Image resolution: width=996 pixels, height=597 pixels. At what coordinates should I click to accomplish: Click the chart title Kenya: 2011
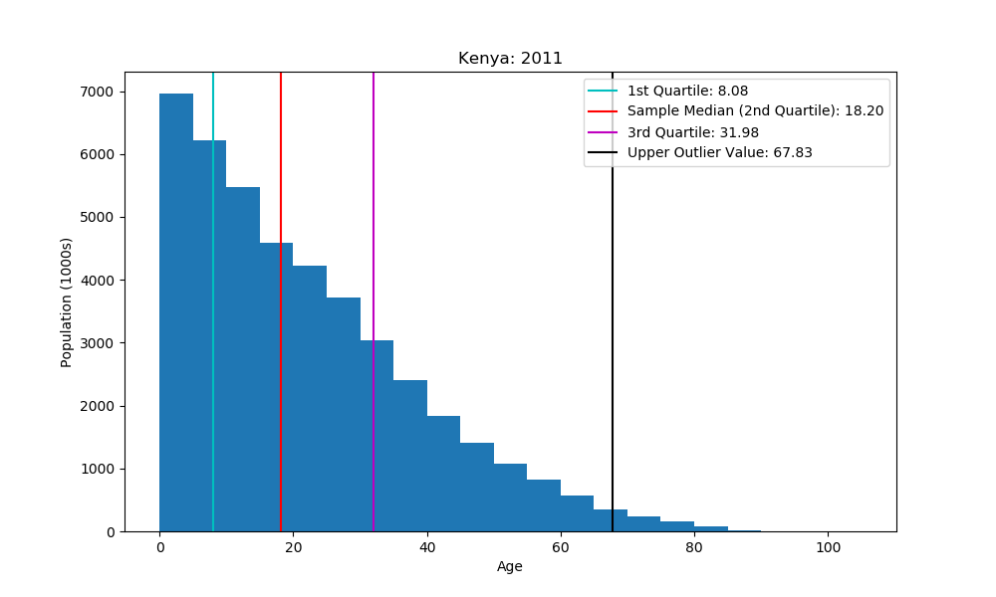pos(510,59)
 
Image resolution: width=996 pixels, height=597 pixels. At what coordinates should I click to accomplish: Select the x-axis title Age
pos(510,567)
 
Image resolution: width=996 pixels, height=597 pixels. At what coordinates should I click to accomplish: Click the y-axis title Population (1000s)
pos(67,301)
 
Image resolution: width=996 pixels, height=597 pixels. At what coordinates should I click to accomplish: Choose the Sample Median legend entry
pos(755,111)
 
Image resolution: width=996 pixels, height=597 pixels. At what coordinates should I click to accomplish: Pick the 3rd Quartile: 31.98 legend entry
pos(694,132)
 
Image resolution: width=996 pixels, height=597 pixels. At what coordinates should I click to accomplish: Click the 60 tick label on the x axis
pos(561,547)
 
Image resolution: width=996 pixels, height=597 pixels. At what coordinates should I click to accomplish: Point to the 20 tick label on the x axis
pos(293,547)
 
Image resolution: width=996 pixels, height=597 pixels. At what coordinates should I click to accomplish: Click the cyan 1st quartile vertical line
pos(213,298)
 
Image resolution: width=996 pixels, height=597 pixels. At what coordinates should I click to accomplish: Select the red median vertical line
pos(281,298)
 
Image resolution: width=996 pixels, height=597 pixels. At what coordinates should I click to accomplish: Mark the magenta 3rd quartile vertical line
pos(373,249)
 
